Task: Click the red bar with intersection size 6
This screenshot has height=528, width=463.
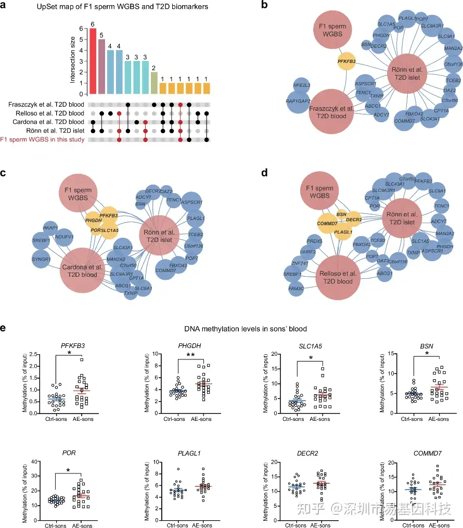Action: pos(93,61)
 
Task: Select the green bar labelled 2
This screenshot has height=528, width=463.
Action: pos(153,83)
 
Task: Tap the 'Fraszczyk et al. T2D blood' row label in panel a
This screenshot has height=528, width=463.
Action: pos(45,105)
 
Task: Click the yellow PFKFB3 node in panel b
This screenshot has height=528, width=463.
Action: pos(346,61)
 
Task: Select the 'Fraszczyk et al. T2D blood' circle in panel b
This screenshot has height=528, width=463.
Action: pos(333,114)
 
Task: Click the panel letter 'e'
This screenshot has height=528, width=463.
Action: pos(4,329)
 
